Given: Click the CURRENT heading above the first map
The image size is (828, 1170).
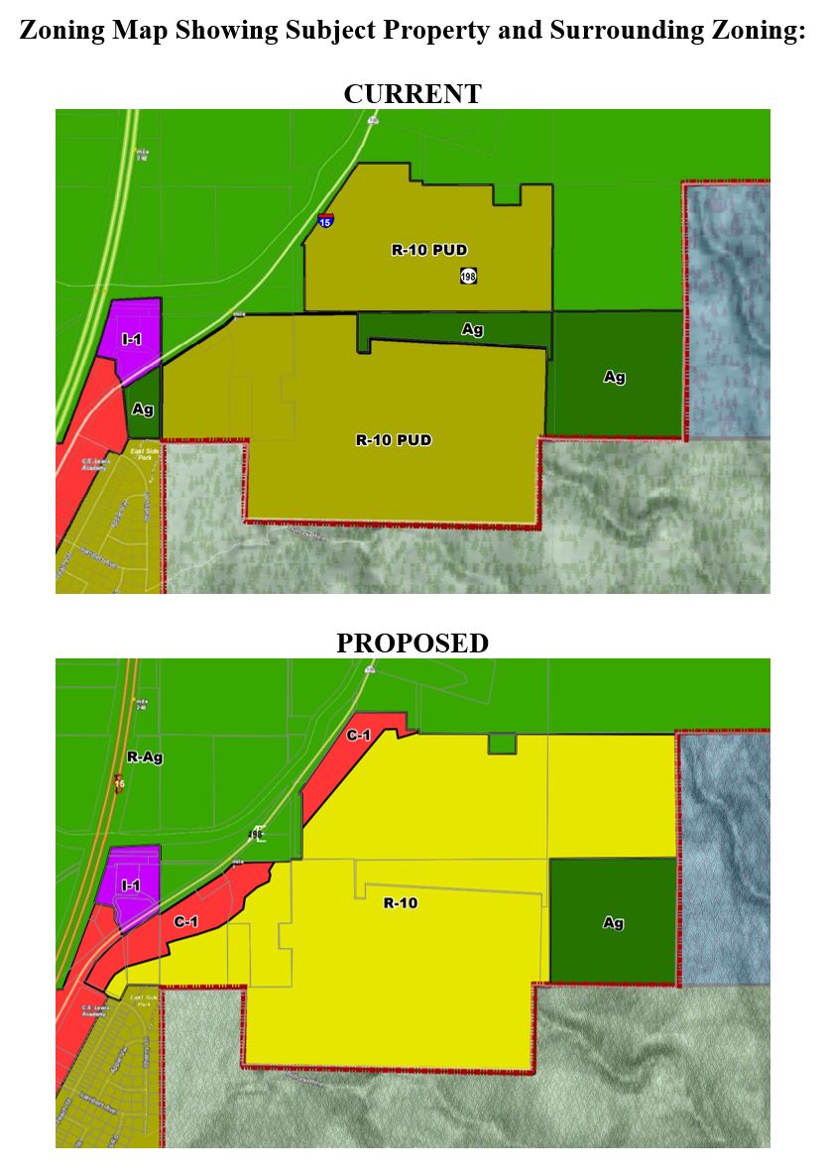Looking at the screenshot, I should [412, 94].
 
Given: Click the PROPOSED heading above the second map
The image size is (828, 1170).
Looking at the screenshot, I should [412, 643].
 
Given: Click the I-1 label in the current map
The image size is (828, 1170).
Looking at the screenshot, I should [131, 339].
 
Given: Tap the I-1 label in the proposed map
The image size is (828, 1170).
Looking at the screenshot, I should [130, 884].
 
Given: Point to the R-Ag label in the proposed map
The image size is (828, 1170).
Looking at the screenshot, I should [145, 758].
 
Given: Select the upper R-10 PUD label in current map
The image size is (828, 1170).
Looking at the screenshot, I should [429, 250].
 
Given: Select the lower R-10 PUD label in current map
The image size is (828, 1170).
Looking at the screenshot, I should [394, 439].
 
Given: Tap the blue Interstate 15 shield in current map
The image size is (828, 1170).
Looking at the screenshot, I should [325, 220].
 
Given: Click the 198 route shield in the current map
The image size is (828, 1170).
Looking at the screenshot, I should [468, 276].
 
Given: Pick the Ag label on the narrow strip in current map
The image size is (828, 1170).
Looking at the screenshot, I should [472, 329].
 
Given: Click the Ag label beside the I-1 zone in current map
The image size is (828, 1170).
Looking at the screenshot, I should [143, 409].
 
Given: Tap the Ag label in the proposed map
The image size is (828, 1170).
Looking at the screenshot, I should [614, 923].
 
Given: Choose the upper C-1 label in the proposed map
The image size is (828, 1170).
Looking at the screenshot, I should [359, 736].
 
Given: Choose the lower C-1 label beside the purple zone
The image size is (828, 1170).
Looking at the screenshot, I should [186, 922].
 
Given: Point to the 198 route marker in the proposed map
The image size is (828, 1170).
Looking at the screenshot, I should [257, 835].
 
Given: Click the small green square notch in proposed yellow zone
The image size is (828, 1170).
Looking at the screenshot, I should [503, 744].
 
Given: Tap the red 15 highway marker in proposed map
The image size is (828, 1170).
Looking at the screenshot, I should [119, 783].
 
